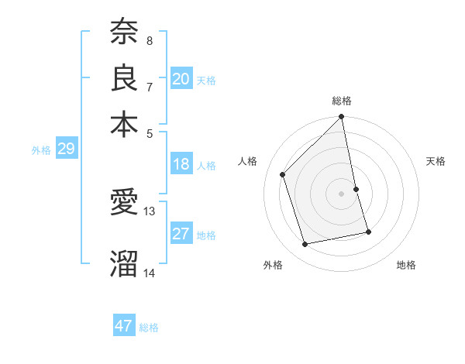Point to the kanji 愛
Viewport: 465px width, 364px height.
coord(124,203)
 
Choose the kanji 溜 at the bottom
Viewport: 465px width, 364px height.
coord(124,263)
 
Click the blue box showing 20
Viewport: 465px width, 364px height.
coord(181,79)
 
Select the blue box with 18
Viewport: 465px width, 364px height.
coord(181,164)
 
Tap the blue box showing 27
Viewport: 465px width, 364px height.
coord(181,234)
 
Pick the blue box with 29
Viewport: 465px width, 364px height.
coord(66,149)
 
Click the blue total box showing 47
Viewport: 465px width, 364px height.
coord(124,326)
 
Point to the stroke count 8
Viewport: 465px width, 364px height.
coord(149,40)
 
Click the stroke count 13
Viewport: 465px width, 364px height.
coord(150,211)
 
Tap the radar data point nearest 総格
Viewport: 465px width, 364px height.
coord(341,118)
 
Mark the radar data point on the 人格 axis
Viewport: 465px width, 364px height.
coord(283,174)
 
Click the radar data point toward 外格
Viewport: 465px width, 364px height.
coord(305,244)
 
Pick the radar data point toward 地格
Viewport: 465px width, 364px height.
coord(368,232)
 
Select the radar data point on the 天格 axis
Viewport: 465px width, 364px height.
coord(356,189)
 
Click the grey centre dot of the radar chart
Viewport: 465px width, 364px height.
coord(341,194)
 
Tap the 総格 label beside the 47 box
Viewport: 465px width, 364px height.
coord(149,328)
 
